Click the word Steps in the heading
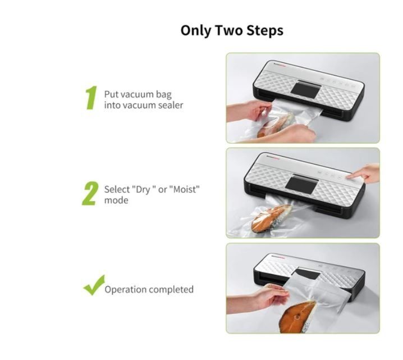coord(265,30)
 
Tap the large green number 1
coord(91,98)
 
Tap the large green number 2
coord(90,193)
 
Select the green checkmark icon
coord(94,285)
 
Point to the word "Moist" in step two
coord(184,189)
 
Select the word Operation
coord(125,290)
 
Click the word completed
coord(171,290)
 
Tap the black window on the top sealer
coord(305,89)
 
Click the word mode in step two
coord(116,200)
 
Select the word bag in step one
coord(164,95)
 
